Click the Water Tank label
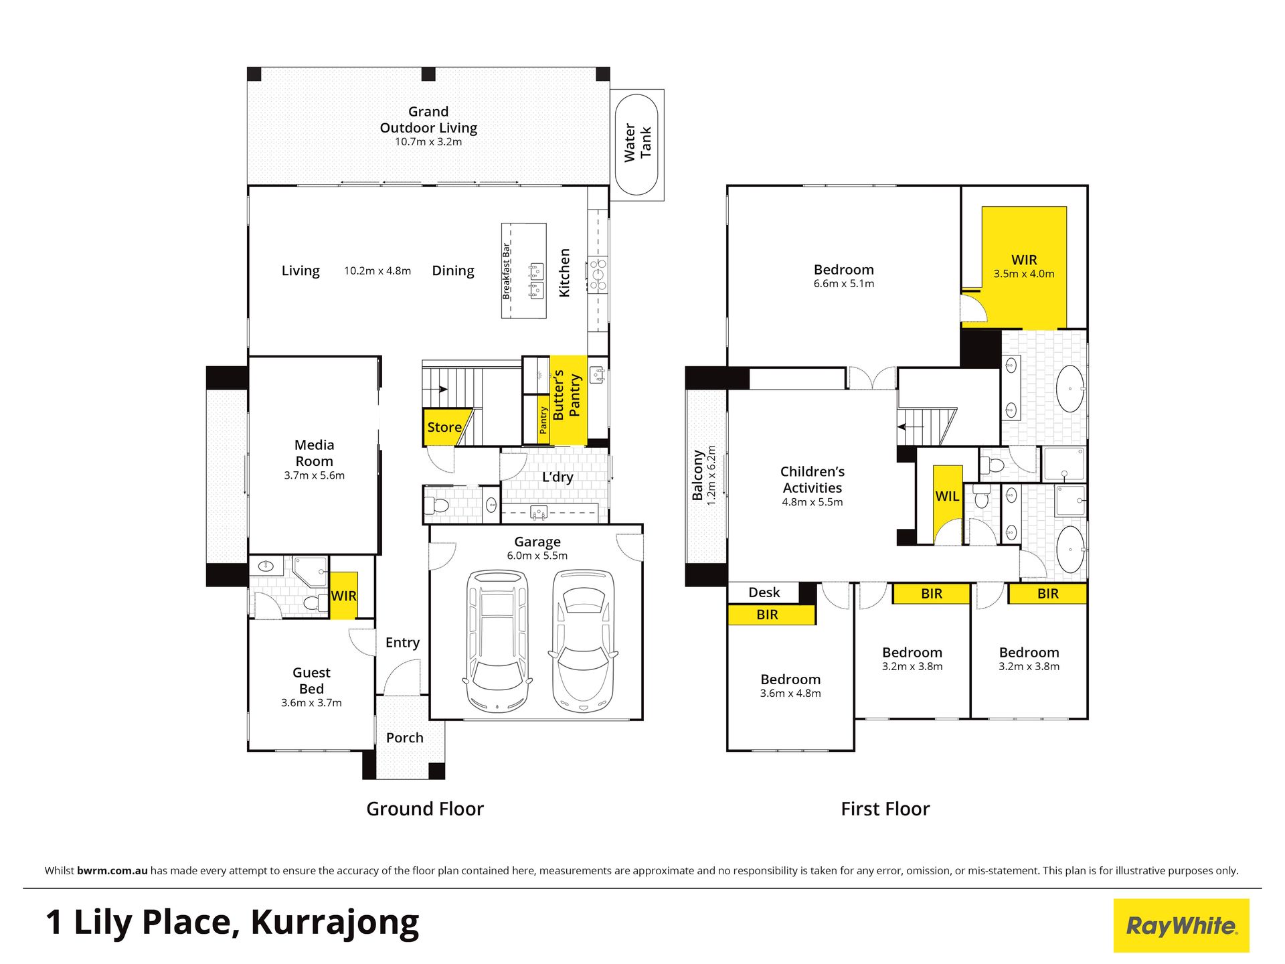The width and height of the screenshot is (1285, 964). [x=637, y=143]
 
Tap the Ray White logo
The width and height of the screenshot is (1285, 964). [x=1181, y=925]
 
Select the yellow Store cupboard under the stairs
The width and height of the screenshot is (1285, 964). [x=445, y=427]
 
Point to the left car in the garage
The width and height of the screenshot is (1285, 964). [x=497, y=641]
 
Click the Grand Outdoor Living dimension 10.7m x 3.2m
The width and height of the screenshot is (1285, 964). [x=428, y=142]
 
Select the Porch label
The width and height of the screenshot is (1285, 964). [x=405, y=738]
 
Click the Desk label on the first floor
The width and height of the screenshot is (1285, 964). [x=764, y=592]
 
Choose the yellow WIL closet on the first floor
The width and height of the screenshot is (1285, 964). [x=948, y=503]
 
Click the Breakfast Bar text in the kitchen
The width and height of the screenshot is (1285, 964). [x=507, y=271]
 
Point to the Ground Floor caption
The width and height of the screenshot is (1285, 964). [x=425, y=809]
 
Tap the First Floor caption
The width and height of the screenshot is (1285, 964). [x=885, y=809]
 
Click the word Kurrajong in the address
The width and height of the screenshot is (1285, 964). [x=335, y=924]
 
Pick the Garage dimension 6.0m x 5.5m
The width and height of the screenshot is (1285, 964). [x=537, y=556]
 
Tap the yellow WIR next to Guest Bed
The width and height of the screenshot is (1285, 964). [x=344, y=595]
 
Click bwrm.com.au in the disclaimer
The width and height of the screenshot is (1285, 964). [x=112, y=871]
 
